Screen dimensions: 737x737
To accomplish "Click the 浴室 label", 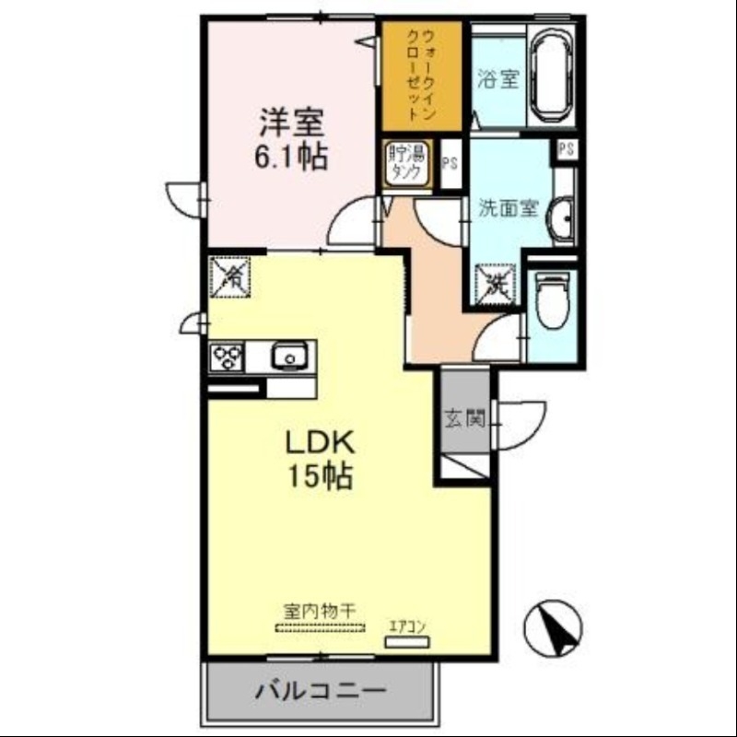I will pyautogui.click(x=498, y=80).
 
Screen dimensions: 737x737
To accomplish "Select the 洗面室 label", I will pyautogui.click(x=507, y=207).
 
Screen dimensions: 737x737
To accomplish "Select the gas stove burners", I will pyautogui.click(x=228, y=357).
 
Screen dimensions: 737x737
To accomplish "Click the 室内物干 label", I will pyautogui.click(x=320, y=612).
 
